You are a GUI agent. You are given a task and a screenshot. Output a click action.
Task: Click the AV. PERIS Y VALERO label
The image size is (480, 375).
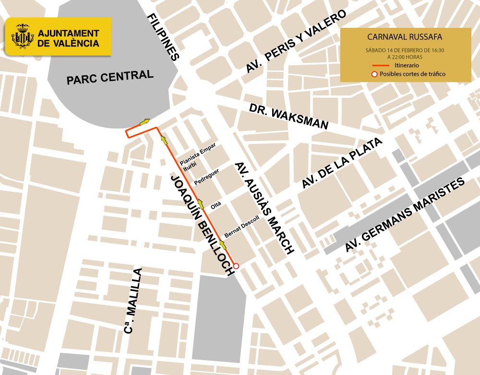coord(296,42)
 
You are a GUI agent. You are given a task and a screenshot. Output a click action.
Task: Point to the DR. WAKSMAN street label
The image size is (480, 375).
coord(289,117)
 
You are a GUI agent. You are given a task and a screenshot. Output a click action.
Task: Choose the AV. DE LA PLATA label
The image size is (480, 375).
coord(343,163)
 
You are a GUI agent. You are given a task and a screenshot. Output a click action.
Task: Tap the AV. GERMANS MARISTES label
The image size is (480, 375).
coord(405,215)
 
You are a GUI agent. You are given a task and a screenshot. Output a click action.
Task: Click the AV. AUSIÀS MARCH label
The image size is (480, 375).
coord(264,208)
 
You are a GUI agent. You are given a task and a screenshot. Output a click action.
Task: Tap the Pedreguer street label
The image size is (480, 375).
coord(207,177)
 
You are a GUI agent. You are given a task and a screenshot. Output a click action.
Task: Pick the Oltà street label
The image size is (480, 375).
coord(216,206)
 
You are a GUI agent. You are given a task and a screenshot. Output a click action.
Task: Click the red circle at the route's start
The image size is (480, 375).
coord(236,265)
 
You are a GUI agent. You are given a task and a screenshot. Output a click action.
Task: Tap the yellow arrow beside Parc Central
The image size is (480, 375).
coord(144,122)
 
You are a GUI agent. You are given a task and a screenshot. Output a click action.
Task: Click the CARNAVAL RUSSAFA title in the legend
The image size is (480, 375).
coord(404,36)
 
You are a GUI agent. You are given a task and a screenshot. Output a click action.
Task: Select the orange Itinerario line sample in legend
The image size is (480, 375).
coord(382,65)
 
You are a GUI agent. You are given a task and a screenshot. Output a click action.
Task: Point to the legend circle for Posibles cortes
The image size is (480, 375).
coord(374,74)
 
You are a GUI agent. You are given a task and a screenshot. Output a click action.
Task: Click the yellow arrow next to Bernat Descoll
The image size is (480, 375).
coord(222,246)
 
